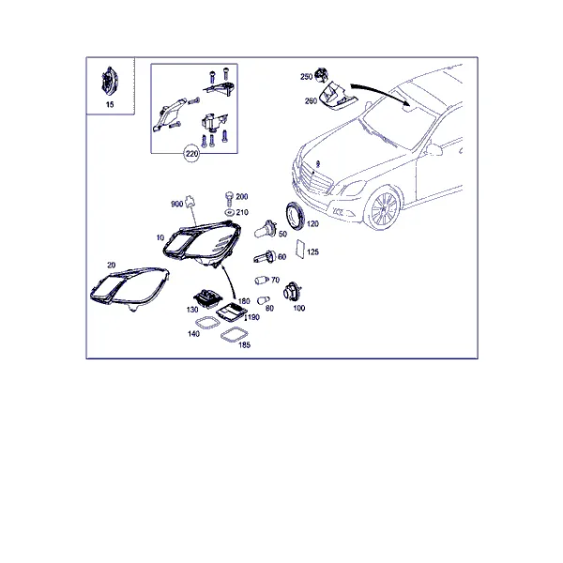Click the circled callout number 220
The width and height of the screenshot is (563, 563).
191,154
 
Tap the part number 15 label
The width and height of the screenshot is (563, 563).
110,104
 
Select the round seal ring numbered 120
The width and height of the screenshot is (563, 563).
296,215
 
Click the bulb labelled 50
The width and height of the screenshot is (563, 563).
266,229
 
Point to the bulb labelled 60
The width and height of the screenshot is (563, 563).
265,257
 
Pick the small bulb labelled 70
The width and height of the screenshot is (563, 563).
261,280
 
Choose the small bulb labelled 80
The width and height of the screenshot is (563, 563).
264,300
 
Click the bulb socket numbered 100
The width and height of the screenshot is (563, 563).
293,291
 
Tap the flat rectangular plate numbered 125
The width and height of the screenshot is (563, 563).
300,249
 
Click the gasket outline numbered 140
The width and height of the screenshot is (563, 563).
207,323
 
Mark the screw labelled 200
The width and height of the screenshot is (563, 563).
229,199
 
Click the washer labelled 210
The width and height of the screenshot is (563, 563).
229,213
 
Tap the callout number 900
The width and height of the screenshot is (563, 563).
176,205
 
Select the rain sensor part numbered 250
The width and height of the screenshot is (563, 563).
321,74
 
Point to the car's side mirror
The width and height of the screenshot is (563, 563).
434,149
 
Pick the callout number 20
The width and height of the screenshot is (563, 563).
112,265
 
